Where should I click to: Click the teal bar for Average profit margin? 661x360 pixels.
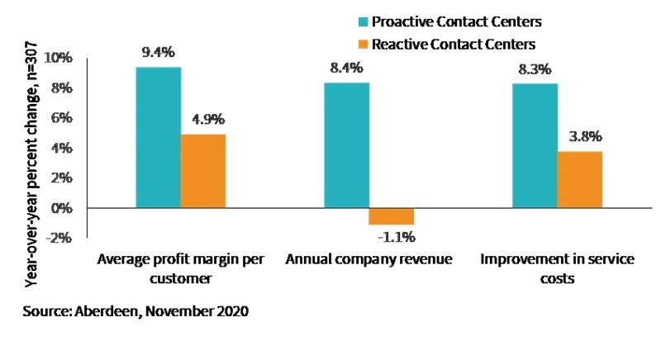[x=159, y=137]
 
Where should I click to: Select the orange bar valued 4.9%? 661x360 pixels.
[x=203, y=171]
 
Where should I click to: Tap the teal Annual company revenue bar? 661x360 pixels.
[x=346, y=145]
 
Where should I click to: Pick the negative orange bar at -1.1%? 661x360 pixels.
[x=392, y=216]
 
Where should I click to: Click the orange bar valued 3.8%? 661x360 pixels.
[x=579, y=179]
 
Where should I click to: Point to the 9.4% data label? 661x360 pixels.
[x=158, y=52]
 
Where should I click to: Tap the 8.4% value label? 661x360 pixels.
[x=346, y=68]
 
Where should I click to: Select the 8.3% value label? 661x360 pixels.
[x=535, y=69]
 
